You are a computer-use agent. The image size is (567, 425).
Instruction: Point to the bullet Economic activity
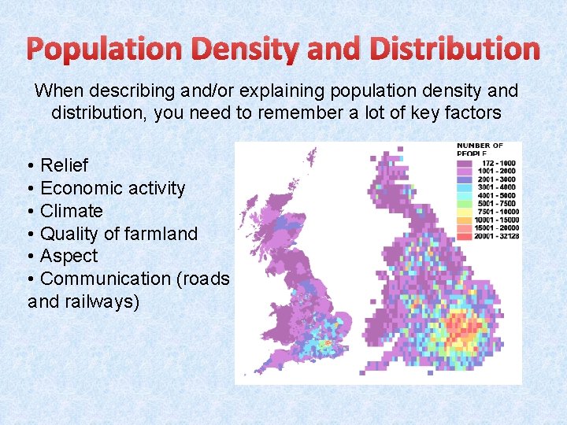coord(112,188)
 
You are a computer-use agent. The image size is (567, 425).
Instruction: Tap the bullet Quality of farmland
coord(118,234)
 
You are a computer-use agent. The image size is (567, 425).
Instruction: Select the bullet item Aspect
coord(69,256)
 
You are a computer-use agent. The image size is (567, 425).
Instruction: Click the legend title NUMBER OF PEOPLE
coord(480,149)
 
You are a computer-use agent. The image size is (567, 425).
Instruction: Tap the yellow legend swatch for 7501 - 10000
coord(465,212)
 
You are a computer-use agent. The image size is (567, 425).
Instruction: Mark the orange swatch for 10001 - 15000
coord(465,220)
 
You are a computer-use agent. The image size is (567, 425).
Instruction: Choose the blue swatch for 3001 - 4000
coord(465,187)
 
